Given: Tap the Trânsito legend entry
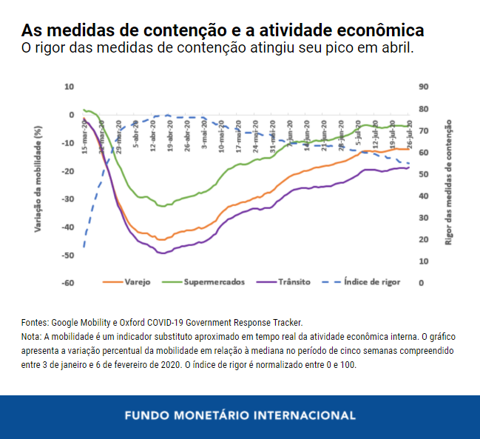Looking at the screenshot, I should click(294, 282).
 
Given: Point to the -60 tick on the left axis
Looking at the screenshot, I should click(67, 283).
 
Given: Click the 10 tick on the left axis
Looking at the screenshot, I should click(70, 87).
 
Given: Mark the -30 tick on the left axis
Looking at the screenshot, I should click(67, 199).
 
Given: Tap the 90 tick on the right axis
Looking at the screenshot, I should click(424, 87).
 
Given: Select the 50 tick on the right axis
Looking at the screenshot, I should click(424, 174).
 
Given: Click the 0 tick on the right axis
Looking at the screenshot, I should click(422, 283).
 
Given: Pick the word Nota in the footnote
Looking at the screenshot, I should click(32, 336).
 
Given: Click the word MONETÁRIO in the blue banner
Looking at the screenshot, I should click(231, 415).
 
